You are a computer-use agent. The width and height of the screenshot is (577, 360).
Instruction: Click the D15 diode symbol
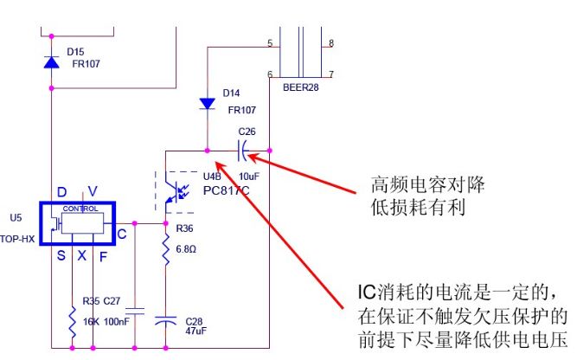tap(52, 62)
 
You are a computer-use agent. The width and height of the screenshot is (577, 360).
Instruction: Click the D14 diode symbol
tap(208, 104)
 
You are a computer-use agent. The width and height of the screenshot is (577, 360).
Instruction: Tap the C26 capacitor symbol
tap(245, 151)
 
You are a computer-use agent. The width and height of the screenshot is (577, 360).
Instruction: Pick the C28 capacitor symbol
tap(166, 319)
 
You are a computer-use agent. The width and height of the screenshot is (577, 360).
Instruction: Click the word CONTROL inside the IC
tap(80, 209)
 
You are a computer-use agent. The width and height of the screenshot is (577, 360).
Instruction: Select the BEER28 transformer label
tap(300, 87)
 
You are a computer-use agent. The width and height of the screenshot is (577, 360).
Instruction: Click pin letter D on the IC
tap(61, 192)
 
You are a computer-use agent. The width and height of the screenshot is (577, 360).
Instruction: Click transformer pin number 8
tap(331, 42)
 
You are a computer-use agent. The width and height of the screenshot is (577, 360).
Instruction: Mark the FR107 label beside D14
tap(240, 110)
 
